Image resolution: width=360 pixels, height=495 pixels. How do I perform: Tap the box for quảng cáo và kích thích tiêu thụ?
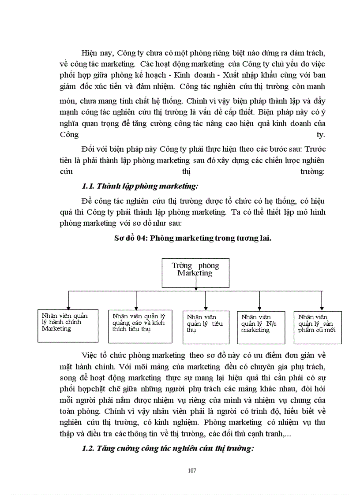pos(140,326)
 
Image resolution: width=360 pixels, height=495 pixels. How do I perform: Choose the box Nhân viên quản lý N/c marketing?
pos(259,327)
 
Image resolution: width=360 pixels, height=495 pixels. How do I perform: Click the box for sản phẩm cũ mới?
pos(318,327)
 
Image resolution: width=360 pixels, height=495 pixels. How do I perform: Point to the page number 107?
pos(192,470)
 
